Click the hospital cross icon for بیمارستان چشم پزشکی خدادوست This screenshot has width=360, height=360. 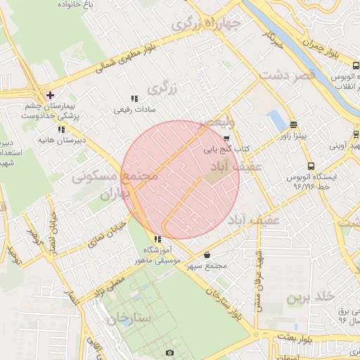49,95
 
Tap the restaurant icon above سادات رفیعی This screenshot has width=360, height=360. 134,99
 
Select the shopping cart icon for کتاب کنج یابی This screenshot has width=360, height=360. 226,139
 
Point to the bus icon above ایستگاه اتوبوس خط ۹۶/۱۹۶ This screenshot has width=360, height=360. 311,167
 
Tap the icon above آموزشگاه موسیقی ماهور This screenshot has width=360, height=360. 156,239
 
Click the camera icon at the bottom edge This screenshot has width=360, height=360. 169,353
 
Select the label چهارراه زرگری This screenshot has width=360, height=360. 207,25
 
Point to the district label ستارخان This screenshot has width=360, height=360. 129,318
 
